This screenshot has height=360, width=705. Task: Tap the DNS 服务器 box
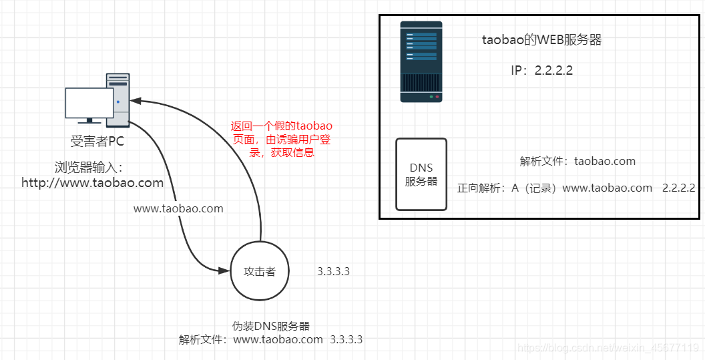coord(421,174)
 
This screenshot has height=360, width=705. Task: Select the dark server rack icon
coord(421,61)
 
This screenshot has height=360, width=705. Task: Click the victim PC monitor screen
coord(89,103)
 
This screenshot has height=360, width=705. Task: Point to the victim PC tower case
coord(119,100)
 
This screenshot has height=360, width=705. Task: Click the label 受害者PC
coord(97,142)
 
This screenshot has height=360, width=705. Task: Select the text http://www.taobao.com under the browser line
coord(92,182)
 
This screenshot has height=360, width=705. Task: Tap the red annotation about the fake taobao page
coord(281,139)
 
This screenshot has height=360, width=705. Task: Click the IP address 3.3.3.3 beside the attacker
coord(334,271)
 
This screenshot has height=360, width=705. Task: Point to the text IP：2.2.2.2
coord(542,70)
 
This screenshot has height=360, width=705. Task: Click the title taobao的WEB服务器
coord(542,40)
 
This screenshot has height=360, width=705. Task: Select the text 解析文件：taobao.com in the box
coord(577,161)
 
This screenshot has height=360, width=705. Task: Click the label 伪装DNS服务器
coord(271,326)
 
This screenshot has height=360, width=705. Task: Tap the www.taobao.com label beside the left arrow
coord(178,208)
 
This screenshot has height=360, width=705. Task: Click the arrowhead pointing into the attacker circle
coord(225,270)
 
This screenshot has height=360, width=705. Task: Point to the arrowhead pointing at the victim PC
coord(136,101)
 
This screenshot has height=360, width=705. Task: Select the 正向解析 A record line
coord(576,188)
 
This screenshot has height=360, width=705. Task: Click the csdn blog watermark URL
coord(608,347)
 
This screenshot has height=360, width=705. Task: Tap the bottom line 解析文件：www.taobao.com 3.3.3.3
coord(270,339)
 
